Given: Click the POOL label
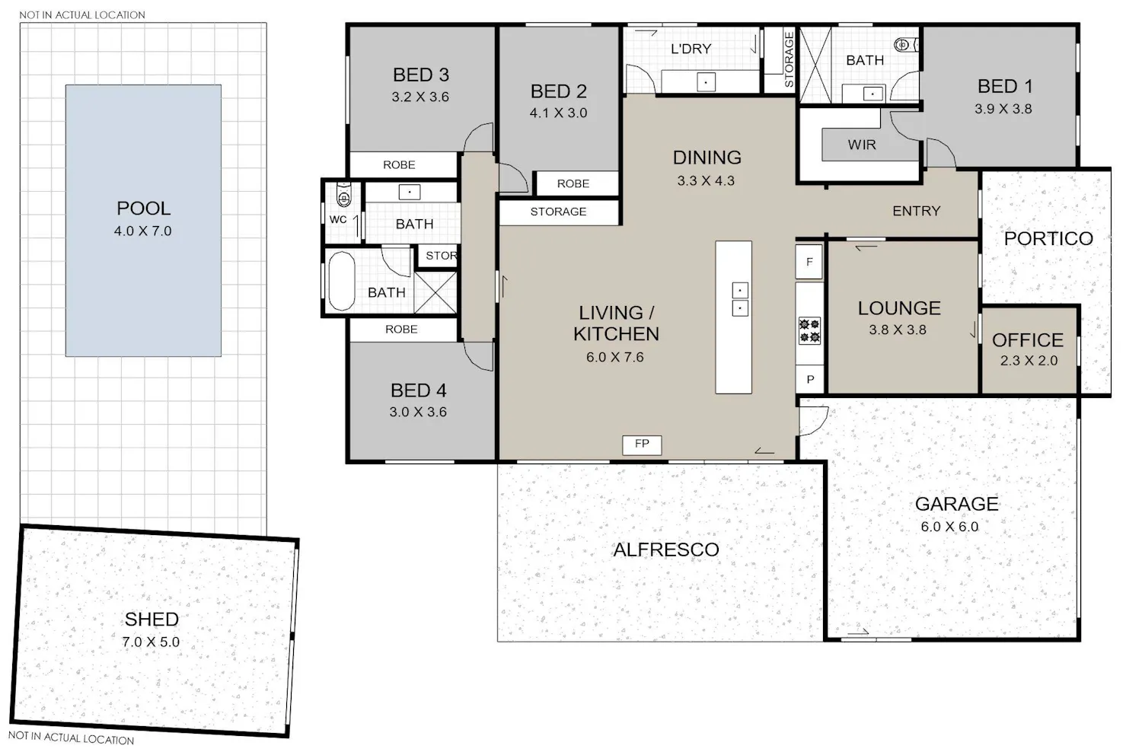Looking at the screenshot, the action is point(143,209).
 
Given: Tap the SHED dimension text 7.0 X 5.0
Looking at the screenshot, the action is point(151,642).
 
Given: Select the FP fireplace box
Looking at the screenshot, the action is point(642,444).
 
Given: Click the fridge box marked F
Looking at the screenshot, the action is point(809,262).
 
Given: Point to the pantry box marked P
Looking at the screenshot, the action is point(810,379).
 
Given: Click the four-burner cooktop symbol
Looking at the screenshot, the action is point(809,330).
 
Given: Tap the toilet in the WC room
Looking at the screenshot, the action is point(344,196).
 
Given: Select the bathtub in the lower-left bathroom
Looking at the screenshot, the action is point(341,281).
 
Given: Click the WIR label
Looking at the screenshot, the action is point(862,145).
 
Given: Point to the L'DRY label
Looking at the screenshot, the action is point(691,49).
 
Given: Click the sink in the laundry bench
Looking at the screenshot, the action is point(706,81).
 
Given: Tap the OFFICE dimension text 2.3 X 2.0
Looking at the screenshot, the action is point(1029,361).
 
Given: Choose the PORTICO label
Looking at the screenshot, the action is point(1048,238).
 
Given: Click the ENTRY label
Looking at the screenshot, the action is point(916,211).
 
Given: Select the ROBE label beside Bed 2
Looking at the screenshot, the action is point(573,183).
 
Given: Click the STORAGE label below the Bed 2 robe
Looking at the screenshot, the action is point(558,212).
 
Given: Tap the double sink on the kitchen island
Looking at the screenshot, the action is point(740,299).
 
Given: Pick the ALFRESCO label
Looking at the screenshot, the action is point(666,550).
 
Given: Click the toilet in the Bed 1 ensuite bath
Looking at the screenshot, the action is point(905,45).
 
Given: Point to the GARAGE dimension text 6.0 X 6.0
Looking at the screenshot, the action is point(949,527).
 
